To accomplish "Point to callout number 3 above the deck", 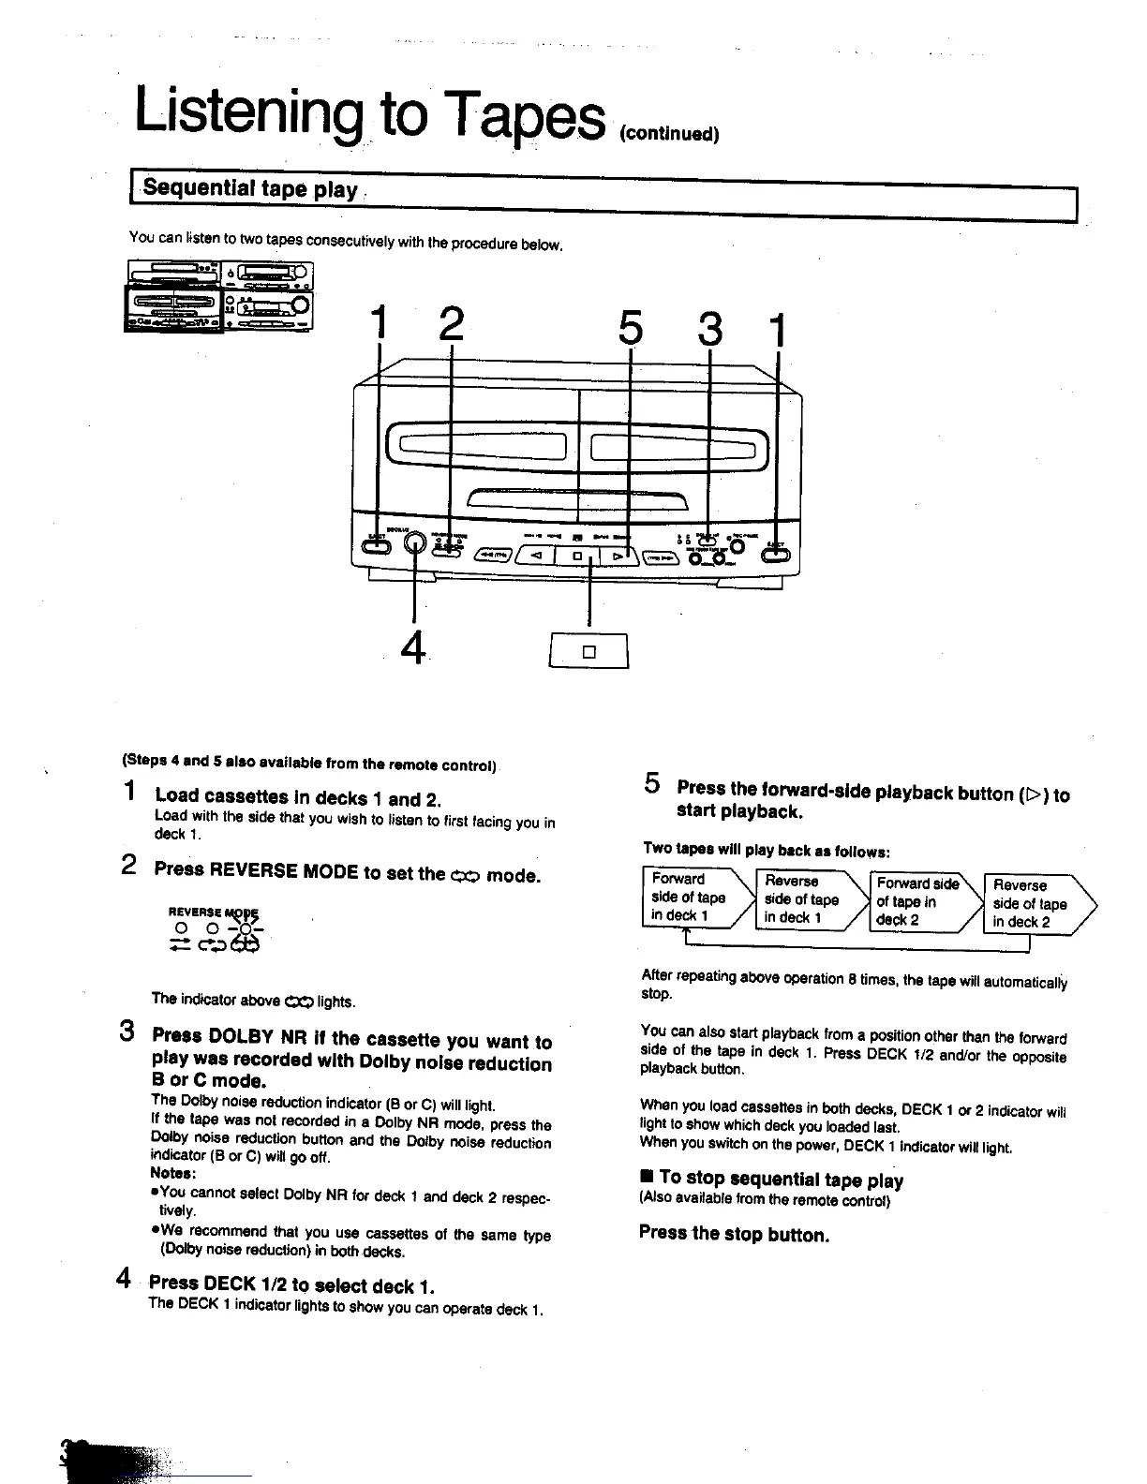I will click(x=711, y=329).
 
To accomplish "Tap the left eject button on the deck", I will click(x=377, y=548).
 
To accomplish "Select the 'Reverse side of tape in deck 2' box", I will click(x=1032, y=904).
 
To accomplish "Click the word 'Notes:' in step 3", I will click(x=172, y=1173).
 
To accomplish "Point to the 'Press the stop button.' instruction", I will click(x=734, y=1234).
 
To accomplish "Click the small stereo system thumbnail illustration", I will click(x=219, y=297).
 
